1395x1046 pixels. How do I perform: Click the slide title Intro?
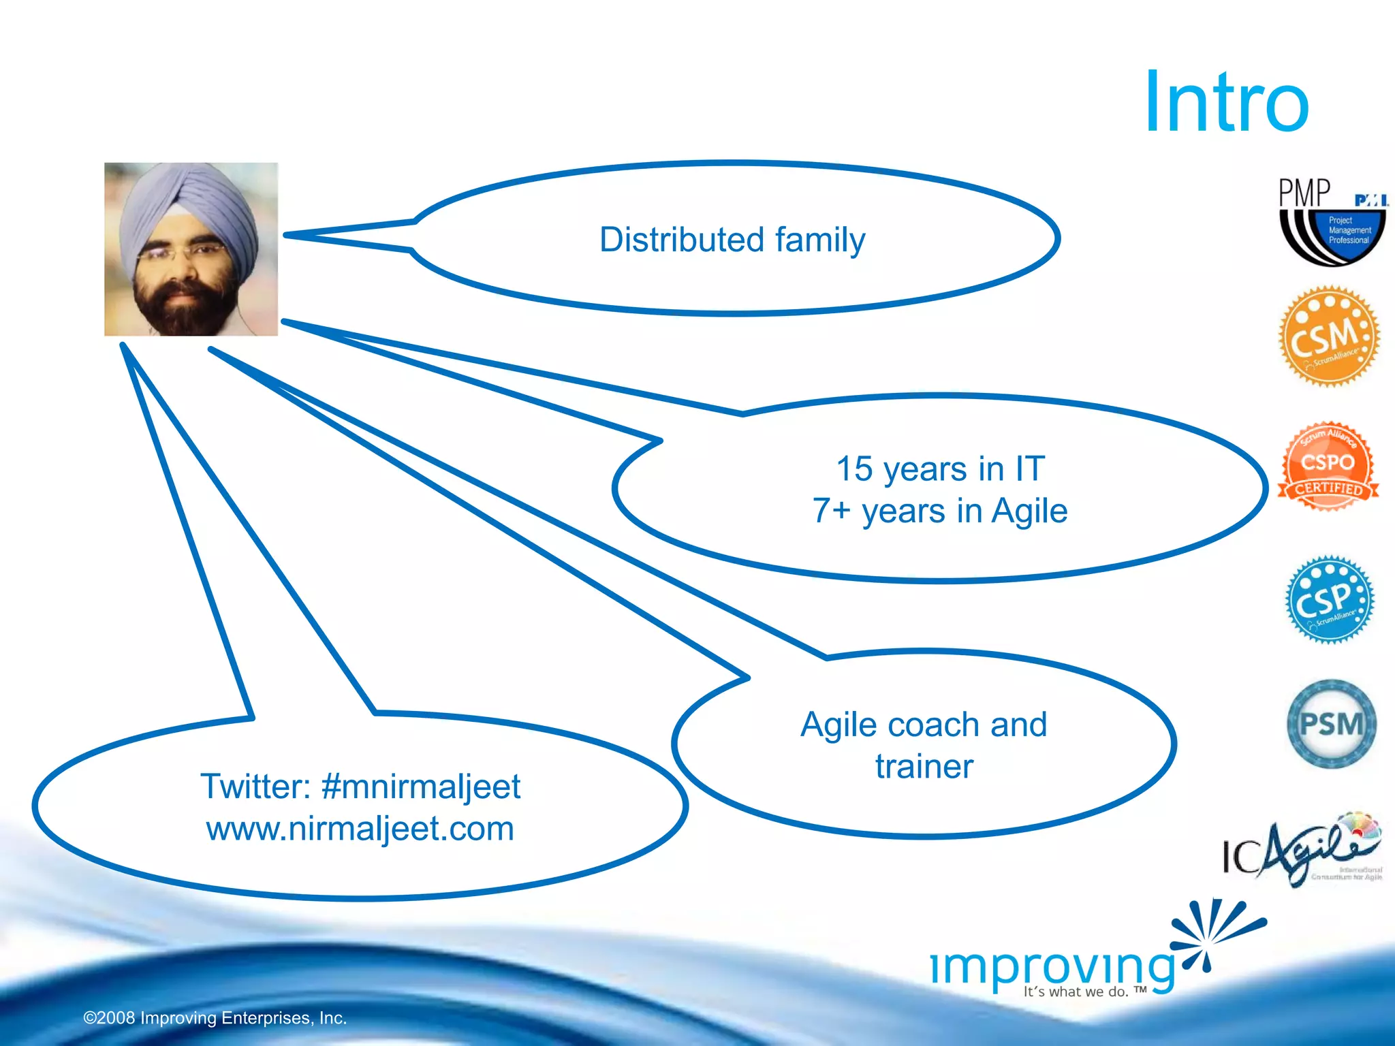[1226, 102]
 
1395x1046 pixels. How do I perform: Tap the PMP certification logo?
[1332, 221]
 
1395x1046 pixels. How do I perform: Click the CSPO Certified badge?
[1328, 467]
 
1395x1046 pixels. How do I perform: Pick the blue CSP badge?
[1329, 600]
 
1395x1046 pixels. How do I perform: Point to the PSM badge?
[1331, 724]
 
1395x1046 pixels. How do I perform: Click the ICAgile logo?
[1301, 851]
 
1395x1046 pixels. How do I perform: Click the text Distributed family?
[732, 240]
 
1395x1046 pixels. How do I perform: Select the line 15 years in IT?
[940, 469]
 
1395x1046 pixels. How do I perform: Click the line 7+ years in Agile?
[940, 511]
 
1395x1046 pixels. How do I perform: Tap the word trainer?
[924, 767]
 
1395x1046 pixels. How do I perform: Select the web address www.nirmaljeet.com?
[360, 829]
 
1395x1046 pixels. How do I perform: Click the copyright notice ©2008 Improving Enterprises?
[215, 1018]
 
